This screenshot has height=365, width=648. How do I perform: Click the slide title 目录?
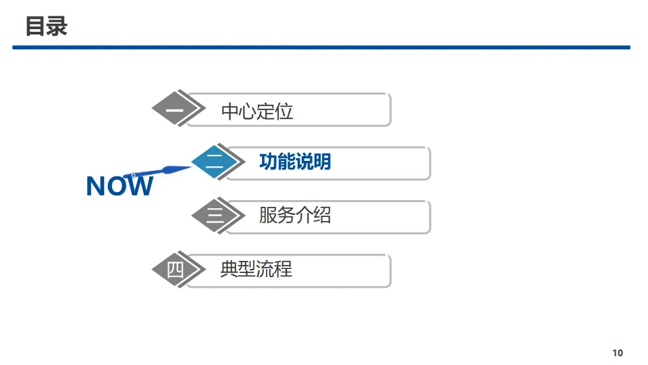click(x=47, y=27)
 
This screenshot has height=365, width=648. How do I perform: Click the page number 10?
click(x=618, y=353)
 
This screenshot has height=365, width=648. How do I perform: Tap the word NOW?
click(x=119, y=187)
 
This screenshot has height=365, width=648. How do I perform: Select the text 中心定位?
click(x=257, y=112)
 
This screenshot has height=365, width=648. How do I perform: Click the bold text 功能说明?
click(x=295, y=162)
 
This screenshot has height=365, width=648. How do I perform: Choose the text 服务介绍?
click(x=295, y=216)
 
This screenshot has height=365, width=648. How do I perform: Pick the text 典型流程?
click(x=256, y=269)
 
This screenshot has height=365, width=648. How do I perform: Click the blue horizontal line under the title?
click(x=321, y=47)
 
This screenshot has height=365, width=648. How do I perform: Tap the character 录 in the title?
click(x=57, y=27)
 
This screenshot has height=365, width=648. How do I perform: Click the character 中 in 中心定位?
click(x=230, y=112)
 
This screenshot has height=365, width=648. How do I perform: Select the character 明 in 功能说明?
click(x=322, y=162)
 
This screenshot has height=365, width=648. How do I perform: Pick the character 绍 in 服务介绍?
click(x=322, y=216)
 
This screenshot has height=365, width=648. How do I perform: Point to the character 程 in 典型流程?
click(x=283, y=269)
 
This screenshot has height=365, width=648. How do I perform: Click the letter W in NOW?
click(x=139, y=187)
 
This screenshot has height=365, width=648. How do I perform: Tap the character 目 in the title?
click(x=36, y=27)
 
